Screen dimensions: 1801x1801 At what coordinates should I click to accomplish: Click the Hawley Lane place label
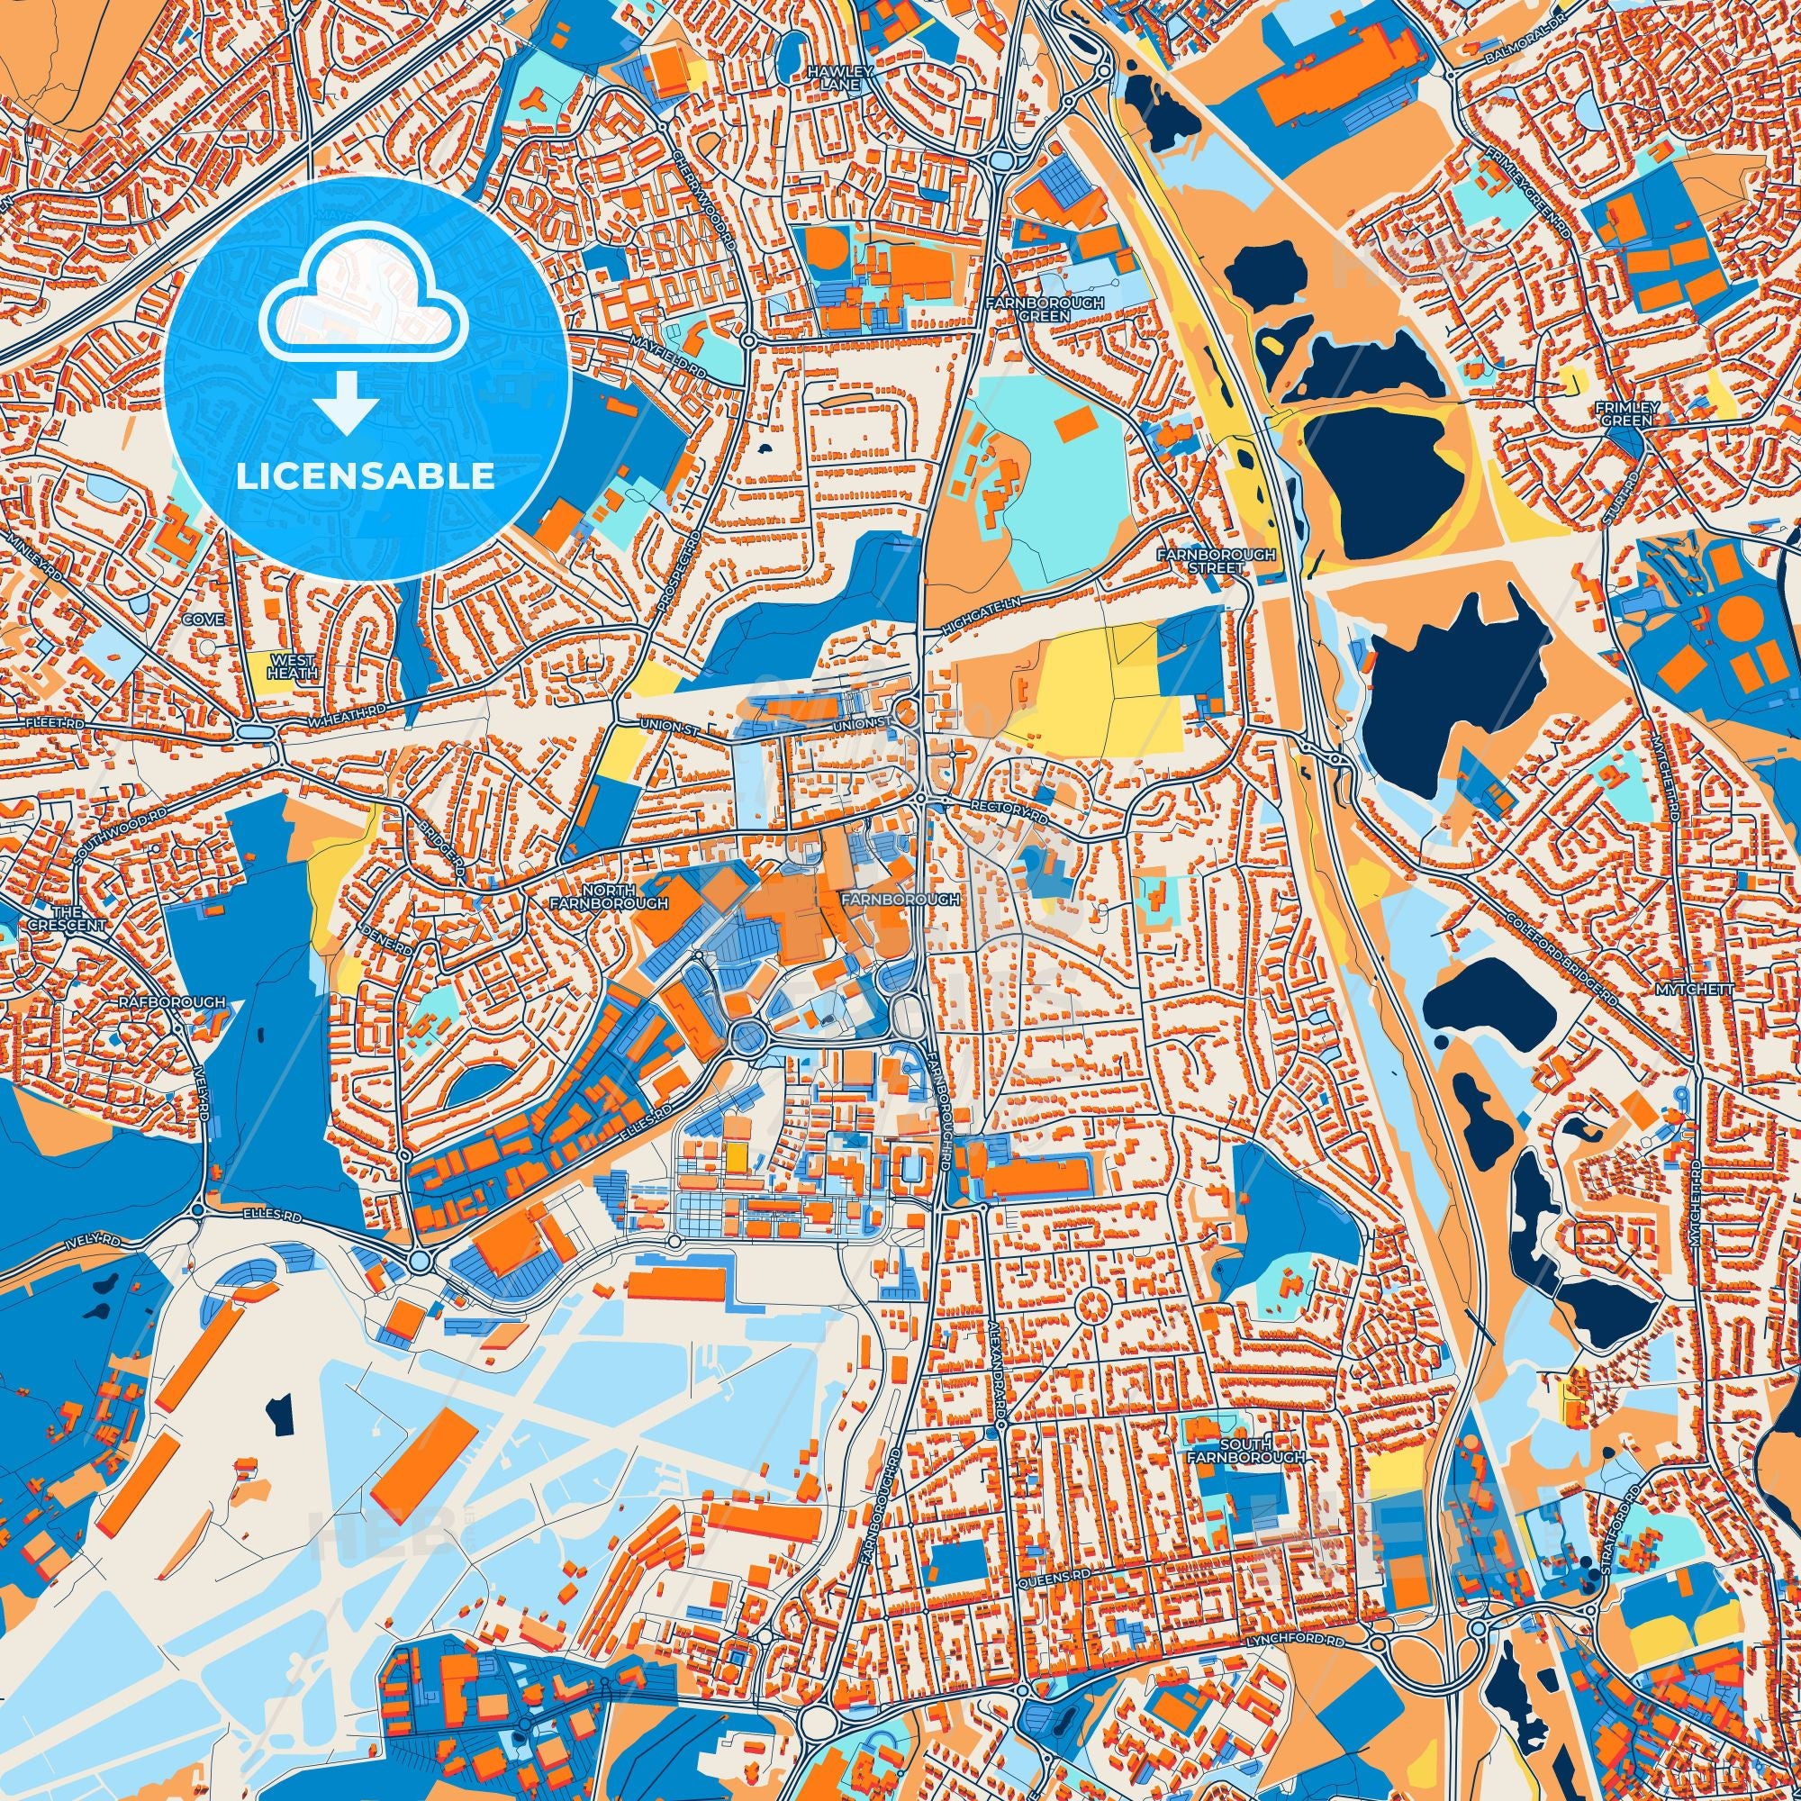click(828, 77)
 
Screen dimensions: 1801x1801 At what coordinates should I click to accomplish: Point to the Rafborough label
click(171, 1002)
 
